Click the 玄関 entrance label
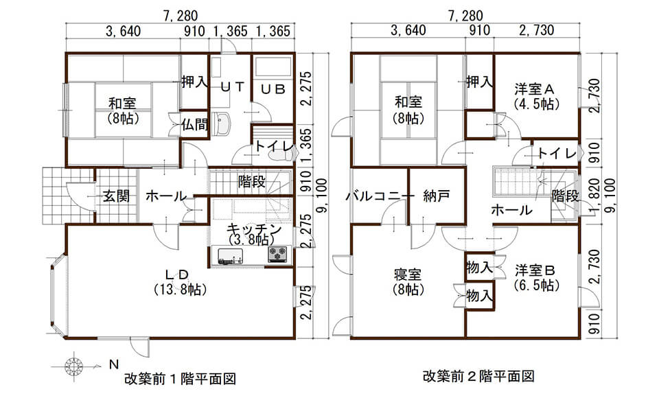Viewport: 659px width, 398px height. pyautogui.click(x=117, y=196)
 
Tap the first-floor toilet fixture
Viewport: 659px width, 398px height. pyautogui.click(x=279, y=156)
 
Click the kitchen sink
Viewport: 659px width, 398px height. pyautogui.click(x=231, y=256)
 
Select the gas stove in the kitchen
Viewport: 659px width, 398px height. pyautogui.click(x=277, y=255)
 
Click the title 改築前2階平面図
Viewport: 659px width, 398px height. pyautogui.click(x=478, y=377)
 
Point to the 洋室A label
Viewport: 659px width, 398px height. pyautogui.click(x=535, y=89)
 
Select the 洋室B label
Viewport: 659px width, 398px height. pyautogui.click(x=536, y=268)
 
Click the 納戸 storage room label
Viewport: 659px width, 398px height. pyautogui.click(x=437, y=196)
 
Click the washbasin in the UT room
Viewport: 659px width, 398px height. pyautogui.click(x=224, y=124)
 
